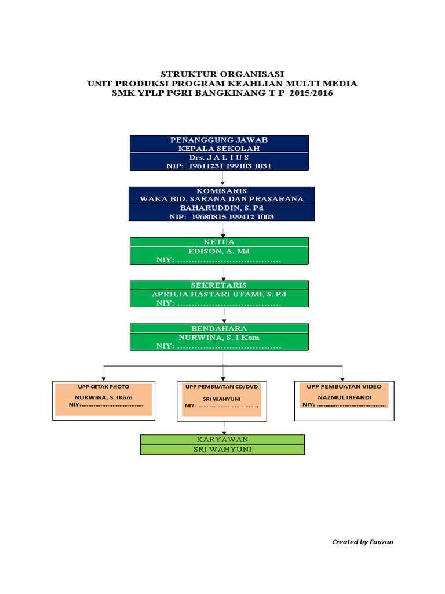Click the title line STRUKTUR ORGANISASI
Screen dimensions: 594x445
[x=222, y=74]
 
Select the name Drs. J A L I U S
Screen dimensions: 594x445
[x=218, y=157]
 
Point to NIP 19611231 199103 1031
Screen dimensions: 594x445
[x=218, y=166]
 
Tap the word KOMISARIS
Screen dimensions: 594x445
[x=222, y=191]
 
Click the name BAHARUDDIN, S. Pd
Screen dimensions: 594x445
[x=222, y=208]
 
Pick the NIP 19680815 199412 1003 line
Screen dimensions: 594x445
[x=222, y=216]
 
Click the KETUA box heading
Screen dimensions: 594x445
[x=219, y=241]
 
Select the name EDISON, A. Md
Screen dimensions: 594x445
[x=218, y=251]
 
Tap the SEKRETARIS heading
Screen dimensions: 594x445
[x=219, y=285]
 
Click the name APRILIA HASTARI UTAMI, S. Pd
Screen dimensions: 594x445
[x=219, y=294]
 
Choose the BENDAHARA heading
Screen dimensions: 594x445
[x=219, y=328]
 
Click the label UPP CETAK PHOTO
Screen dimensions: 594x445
[x=104, y=386]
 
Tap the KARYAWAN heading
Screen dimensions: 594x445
[x=222, y=440]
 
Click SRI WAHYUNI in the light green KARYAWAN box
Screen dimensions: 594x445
[x=222, y=450]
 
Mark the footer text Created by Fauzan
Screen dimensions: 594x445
[x=363, y=542]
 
